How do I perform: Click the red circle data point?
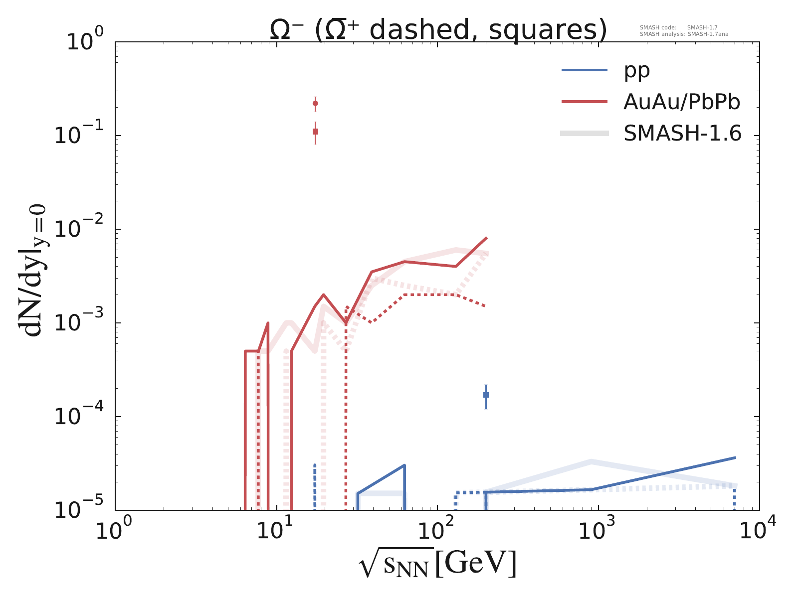coord(315,103)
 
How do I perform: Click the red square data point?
coord(315,132)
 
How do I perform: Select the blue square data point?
coord(486,395)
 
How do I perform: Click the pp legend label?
coord(636,71)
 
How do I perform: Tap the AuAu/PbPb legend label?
coord(682,102)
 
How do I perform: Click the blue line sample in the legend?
coord(585,70)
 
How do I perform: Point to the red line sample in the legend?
coord(585,102)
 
